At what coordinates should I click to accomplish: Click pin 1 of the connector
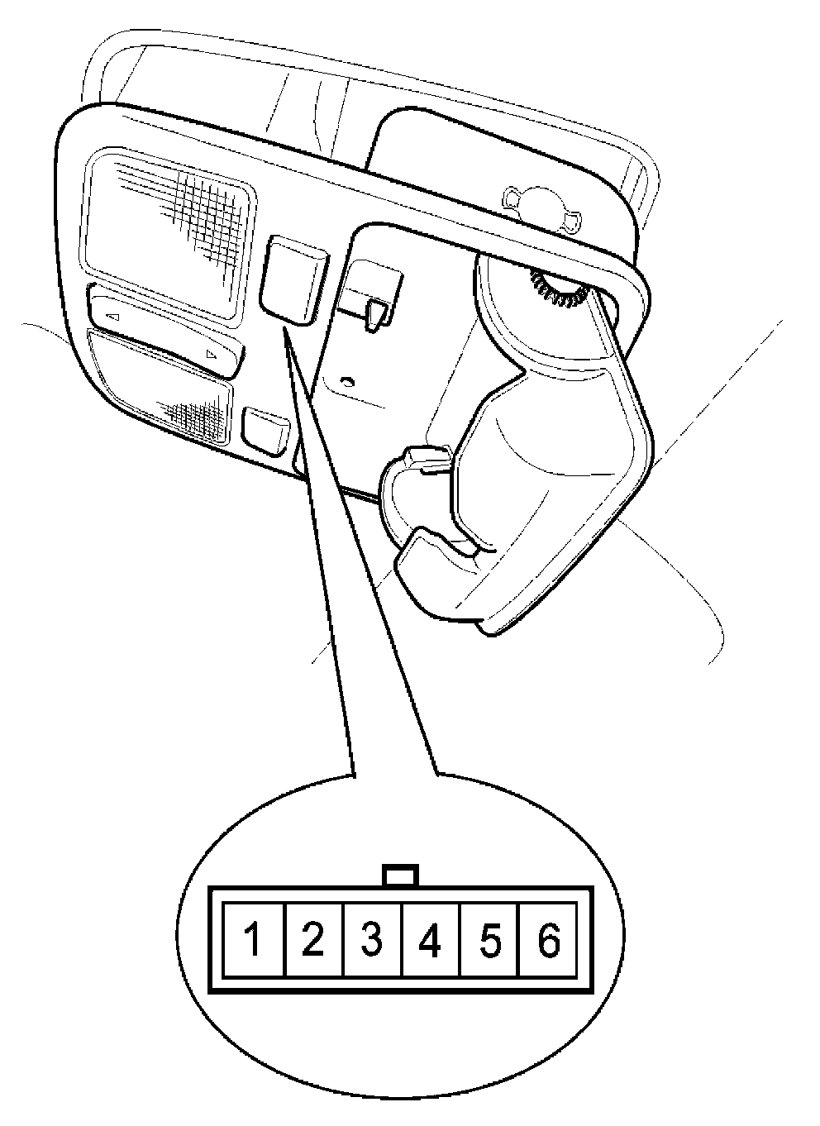coord(254,941)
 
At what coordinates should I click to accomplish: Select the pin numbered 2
coord(312,941)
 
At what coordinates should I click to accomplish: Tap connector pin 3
coord(372,941)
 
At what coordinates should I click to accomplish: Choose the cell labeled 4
coord(430,941)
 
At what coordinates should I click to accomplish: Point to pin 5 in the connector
coord(489,941)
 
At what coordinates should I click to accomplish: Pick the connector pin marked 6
coord(548,941)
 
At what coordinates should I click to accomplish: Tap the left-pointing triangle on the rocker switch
coord(113,317)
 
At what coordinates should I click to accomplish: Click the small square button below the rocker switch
coord(265,430)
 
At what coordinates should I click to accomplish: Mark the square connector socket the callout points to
coord(293,277)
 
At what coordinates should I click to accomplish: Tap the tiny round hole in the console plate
coord(348,382)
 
